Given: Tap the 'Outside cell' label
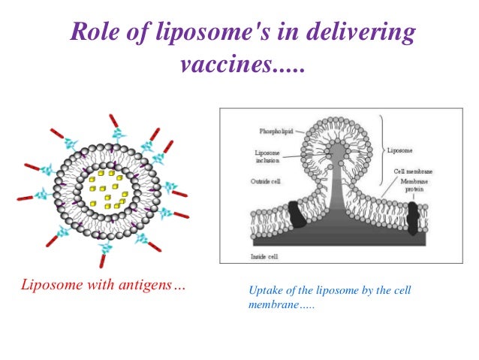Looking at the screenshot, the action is (x=265, y=181).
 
